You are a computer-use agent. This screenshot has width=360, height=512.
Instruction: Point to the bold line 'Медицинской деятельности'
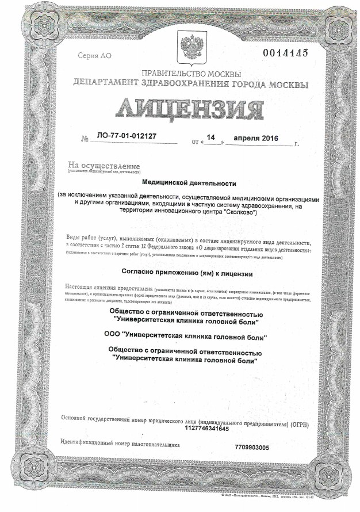[x=189, y=183]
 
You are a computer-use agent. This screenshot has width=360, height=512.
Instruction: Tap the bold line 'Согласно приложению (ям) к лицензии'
[x=188, y=273]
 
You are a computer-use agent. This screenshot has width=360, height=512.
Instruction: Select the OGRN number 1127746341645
[x=207, y=429]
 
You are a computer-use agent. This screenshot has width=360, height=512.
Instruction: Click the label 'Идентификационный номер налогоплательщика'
[x=120, y=445]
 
